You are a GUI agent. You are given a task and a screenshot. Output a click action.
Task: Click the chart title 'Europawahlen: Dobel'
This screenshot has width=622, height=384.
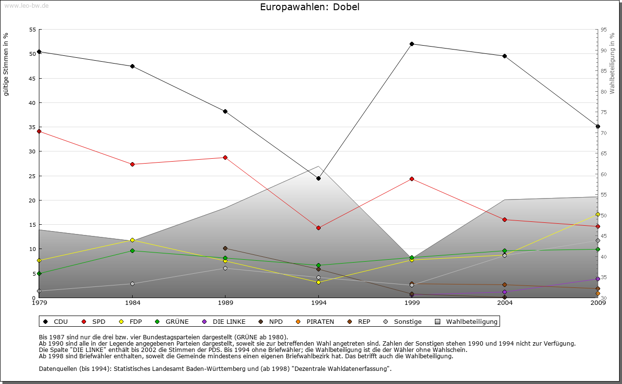[x=310, y=7]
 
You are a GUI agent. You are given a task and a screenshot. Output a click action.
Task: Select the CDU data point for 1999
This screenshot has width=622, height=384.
[x=412, y=44]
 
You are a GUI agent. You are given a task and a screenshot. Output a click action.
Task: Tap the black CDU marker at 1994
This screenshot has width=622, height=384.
[x=318, y=179]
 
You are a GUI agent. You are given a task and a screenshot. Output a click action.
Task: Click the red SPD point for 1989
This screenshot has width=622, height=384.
[x=225, y=157]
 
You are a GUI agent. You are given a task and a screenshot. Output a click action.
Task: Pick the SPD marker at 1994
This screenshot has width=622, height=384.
[x=318, y=228]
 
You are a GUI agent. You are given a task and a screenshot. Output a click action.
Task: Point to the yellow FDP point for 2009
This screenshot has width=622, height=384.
[x=598, y=214]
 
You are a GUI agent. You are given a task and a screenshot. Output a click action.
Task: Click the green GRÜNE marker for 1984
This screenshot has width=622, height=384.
[x=132, y=250]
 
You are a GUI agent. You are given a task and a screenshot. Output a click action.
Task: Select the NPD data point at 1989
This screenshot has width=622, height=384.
[x=225, y=248]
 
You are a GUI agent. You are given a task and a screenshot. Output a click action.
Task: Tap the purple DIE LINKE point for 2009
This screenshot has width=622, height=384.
[x=598, y=279]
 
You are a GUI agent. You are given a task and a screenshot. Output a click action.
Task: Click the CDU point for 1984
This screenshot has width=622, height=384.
[x=132, y=67]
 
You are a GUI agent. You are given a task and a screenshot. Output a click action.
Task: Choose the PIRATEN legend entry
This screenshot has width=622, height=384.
[x=315, y=321]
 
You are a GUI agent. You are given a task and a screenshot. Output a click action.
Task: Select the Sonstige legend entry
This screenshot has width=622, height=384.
[x=403, y=321]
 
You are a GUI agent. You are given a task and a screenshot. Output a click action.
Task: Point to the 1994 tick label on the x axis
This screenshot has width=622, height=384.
[x=319, y=303]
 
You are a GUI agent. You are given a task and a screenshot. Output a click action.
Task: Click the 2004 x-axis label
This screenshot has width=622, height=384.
[x=505, y=303]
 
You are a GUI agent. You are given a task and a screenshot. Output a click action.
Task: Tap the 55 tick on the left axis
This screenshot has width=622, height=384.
[x=33, y=30]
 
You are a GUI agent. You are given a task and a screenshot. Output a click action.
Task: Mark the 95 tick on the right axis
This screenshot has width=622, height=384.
[x=604, y=30]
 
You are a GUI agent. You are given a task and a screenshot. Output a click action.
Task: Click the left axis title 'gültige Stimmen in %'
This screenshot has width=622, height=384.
[x=6, y=64]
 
